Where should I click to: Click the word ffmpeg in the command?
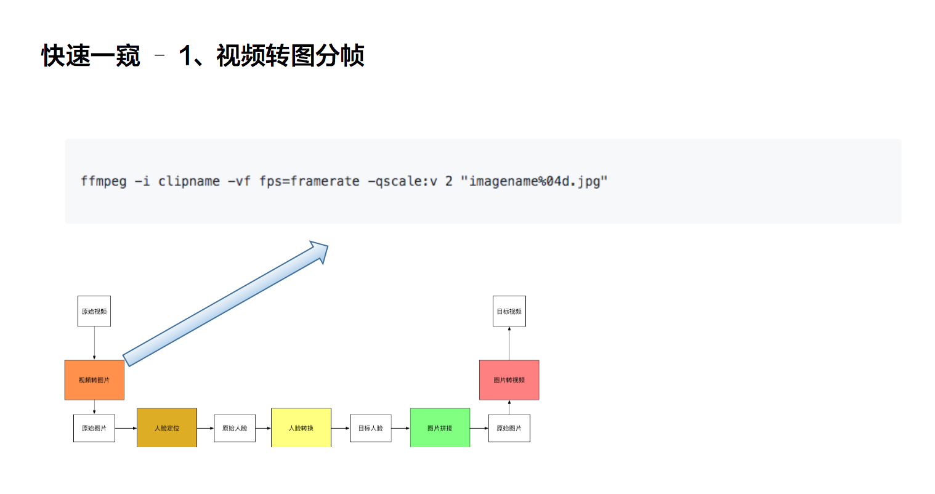coord(103,181)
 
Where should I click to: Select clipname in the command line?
coord(189,181)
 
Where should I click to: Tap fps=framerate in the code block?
coord(309,181)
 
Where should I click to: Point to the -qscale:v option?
coord(402,181)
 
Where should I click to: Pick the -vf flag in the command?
coord(239,181)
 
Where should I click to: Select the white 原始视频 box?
coord(94,312)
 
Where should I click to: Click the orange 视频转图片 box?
coord(94,380)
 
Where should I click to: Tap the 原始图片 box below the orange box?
coord(94,428)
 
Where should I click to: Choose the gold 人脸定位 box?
coord(167,428)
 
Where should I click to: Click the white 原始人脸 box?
coord(235,428)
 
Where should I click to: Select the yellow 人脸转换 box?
coord(301,428)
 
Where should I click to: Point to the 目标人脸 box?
coord(371,428)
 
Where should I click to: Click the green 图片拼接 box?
coord(440,428)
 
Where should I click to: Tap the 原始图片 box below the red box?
coord(509,428)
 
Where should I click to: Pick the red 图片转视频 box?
coord(509,380)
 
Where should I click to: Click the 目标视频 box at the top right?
coord(509,312)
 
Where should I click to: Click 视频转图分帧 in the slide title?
coord(290,56)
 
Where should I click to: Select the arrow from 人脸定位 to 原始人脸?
coord(206,428)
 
